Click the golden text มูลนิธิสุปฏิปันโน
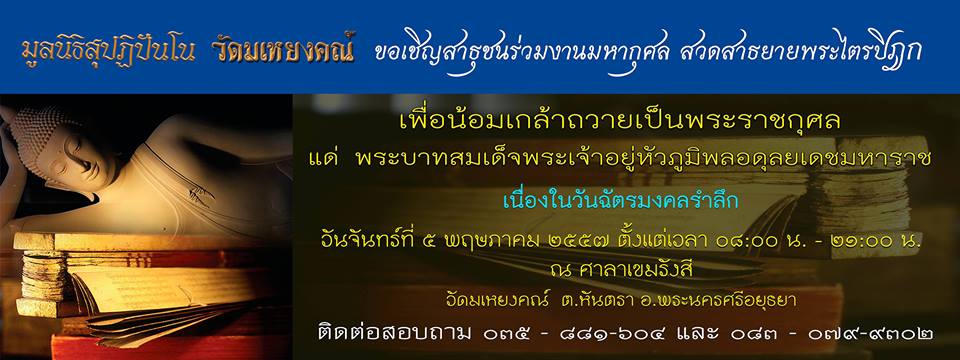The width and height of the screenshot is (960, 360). (x=108, y=52)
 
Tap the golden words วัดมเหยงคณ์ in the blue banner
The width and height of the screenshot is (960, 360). (x=284, y=51)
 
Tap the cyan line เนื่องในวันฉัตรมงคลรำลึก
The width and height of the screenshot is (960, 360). (x=621, y=201)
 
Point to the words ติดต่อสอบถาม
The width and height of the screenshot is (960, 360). (x=395, y=333)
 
